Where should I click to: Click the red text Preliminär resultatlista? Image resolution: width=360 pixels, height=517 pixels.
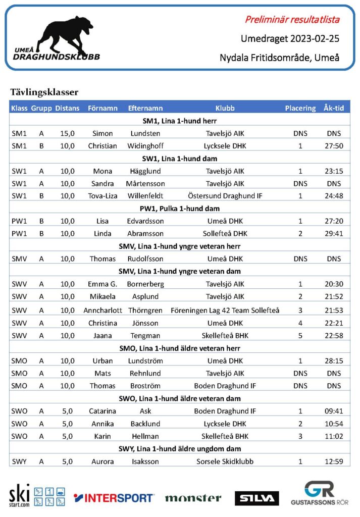[292, 20]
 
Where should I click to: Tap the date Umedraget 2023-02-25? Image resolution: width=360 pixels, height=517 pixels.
[289, 39]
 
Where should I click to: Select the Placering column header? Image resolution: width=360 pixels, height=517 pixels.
[300, 108]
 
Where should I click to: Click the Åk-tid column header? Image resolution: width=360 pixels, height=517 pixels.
[334, 108]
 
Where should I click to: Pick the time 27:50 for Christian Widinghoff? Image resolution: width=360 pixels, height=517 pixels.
[334, 146]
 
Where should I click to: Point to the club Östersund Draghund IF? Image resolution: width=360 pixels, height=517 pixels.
[225, 196]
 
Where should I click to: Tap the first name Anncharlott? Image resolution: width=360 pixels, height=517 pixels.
[103, 310]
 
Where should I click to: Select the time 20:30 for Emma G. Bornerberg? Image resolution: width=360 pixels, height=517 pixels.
[334, 284]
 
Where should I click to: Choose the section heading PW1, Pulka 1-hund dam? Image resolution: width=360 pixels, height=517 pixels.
[180, 209]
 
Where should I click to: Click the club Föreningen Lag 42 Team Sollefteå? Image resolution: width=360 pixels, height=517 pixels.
[225, 310]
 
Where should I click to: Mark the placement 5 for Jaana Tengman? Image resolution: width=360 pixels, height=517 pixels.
[300, 336]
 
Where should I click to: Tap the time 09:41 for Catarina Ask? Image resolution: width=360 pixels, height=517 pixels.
[334, 411]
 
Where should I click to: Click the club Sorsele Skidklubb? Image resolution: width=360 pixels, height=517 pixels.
[225, 461]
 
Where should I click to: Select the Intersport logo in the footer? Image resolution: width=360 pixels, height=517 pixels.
[114, 498]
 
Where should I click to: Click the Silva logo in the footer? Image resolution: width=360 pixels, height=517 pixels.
[256, 498]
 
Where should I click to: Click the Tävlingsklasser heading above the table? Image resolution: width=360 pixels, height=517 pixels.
[44, 92]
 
